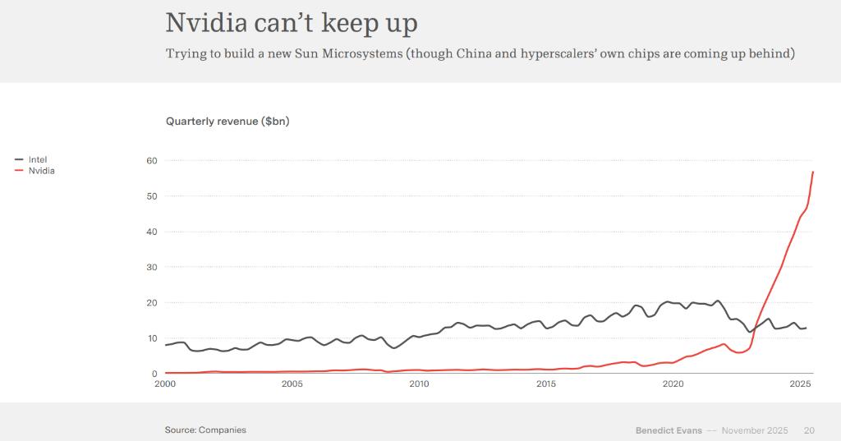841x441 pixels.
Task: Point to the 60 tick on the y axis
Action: tap(152, 160)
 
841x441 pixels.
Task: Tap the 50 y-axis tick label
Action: tap(152, 196)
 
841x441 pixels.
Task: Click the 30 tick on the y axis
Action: tap(152, 267)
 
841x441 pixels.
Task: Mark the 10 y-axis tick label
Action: tap(152, 338)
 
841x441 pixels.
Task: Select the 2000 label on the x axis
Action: tap(165, 384)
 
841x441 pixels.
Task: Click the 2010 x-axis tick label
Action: tap(419, 384)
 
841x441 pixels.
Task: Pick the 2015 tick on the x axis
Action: tap(546, 384)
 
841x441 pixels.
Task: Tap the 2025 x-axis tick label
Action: tap(800, 384)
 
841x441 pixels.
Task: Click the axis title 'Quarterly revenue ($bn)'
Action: tap(227, 122)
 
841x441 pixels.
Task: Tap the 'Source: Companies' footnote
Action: tap(205, 430)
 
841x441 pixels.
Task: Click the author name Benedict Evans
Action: tap(669, 430)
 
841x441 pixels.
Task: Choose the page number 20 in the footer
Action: tap(809, 430)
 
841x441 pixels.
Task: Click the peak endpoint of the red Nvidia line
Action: tap(812, 172)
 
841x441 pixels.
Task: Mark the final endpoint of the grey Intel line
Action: tap(806, 328)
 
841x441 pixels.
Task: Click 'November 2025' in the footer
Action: tap(754, 430)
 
